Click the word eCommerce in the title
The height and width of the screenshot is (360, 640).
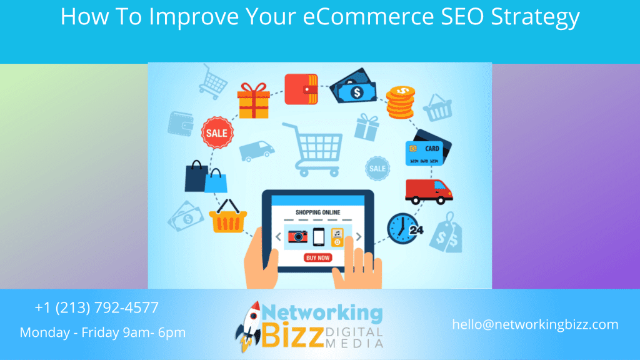click(x=368, y=17)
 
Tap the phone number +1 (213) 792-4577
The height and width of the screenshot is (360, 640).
click(x=97, y=307)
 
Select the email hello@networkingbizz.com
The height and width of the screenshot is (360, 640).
click(x=535, y=324)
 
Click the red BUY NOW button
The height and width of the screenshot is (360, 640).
click(x=317, y=258)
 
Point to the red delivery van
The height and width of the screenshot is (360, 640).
click(x=429, y=191)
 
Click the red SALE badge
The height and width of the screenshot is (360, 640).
click(x=217, y=132)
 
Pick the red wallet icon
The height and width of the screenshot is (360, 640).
click(x=301, y=89)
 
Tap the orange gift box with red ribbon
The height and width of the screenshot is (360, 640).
click(x=254, y=101)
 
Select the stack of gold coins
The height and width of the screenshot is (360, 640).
click(x=401, y=102)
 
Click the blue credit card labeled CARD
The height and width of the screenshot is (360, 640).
click(x=424, y=153)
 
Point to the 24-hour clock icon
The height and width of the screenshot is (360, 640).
click(x=404, y=229)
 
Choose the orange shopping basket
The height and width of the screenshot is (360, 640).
click(x=227, y=216)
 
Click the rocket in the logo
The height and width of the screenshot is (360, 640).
click(x=249, y=326)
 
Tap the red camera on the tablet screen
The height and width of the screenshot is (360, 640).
click(x=298, y=236)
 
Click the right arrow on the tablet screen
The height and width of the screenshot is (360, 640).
click(x=359, y=237)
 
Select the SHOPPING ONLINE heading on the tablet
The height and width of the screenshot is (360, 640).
click(x=317, y=212)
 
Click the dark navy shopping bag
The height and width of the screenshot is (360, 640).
click(x=196, y=176)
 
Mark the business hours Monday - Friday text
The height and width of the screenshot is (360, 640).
click(x=103, y=332)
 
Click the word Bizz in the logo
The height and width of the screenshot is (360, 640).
click(x=292, y=335)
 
